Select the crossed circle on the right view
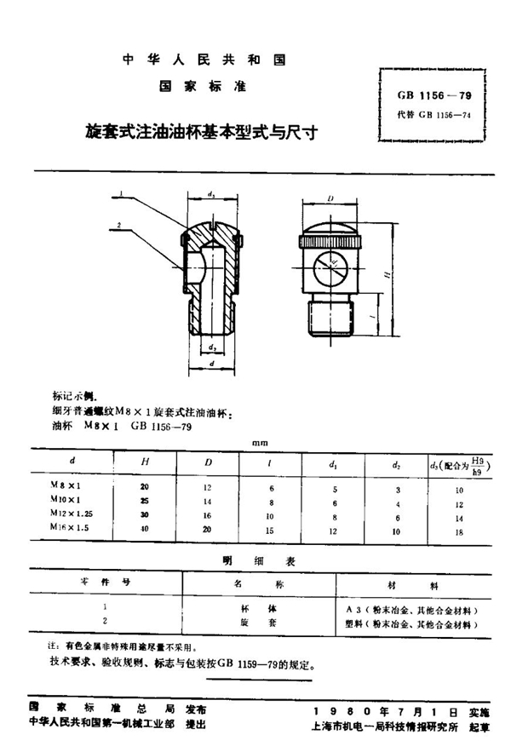pos(329,268)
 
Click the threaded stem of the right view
pos(329,318)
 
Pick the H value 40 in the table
pos(144,528)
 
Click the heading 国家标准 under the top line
pos(203,86)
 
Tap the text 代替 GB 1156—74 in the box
pos(433,115)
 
